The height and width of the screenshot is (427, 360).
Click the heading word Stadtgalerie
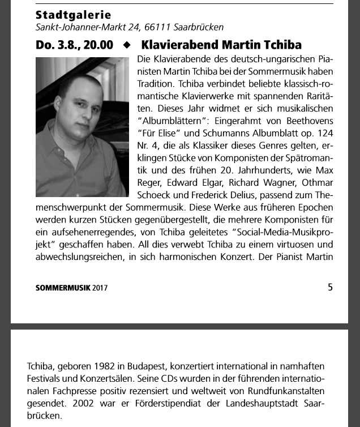pyautogui.click(x=73, y=15)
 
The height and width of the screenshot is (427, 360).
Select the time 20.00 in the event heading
pyautogui.click(x=98, y=45)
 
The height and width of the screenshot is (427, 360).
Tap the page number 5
pyautogui.click(x=330, y=287)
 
